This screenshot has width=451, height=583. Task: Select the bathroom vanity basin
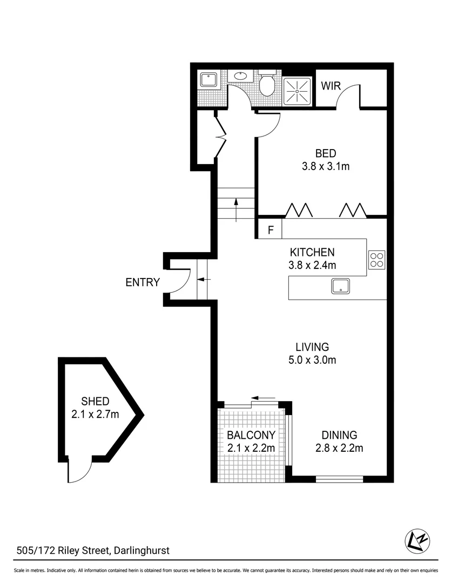point(240,76)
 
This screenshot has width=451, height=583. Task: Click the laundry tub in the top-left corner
point(208,80)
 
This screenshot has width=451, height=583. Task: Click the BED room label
point(326,154)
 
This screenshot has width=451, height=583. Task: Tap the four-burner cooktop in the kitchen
point(376,260)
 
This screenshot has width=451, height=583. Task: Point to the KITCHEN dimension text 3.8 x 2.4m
point(313,265)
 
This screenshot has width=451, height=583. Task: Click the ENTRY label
point(143,282)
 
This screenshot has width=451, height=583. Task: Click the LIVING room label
point(312,347)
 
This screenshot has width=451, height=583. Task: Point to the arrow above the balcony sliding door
point(264,398)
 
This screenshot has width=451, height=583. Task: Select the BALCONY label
point(251,435)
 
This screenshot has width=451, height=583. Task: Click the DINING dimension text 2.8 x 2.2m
point(339,448)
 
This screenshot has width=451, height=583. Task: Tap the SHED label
point(95,401)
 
